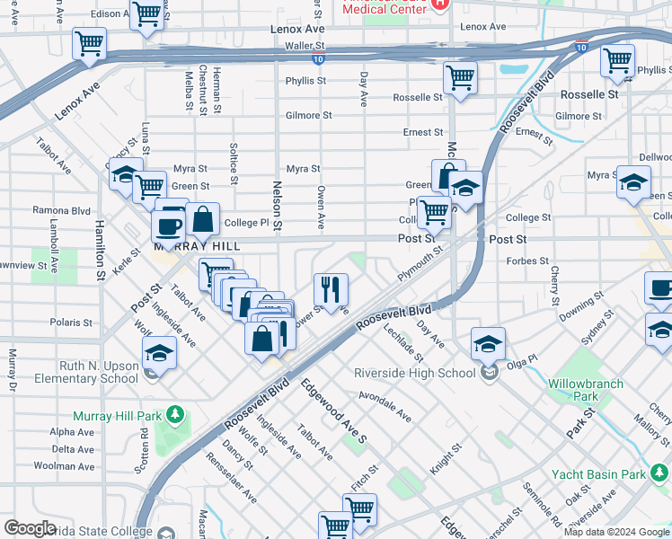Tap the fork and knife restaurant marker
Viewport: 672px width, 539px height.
pos(331,288)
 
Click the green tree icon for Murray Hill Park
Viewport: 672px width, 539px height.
pos(175,414)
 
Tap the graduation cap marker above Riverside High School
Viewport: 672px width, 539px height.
pos(488,342)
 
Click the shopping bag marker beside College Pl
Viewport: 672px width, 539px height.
pos(203,218)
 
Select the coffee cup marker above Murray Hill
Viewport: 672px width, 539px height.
pos(168,225)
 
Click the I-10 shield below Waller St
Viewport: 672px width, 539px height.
pos(319,58)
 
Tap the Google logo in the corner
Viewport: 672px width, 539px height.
pos(30,528)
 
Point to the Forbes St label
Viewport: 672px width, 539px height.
pos(529,261)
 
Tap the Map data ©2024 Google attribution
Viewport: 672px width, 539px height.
pos(617,532)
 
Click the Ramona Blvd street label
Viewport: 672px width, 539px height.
pos(61,209)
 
